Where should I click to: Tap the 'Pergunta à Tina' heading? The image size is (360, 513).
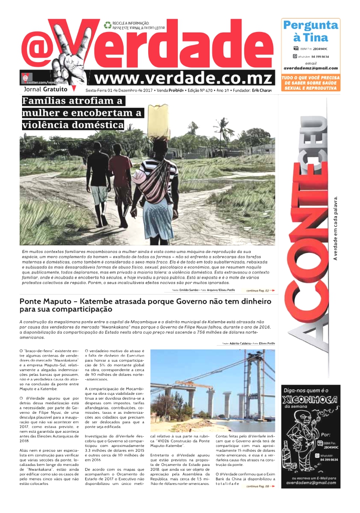pyautogui.click(x=310, y=31)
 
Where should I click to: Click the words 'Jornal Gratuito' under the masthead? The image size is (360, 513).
pyautogui.click(x=45, y=90)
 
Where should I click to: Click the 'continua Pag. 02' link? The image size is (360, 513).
pyautogui.click(x=257, y=290)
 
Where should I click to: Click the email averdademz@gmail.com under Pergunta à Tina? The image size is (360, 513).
pyautogui.click(x=310, y=68)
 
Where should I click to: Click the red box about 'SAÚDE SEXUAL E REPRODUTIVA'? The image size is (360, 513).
pyautogui.click(x=310, y=83)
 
